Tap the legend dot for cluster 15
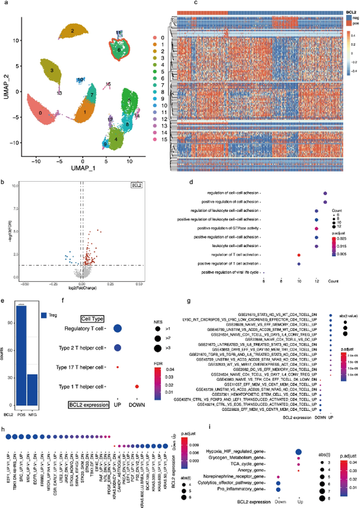click(x=156, y=139)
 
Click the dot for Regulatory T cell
click(x=118, y=328)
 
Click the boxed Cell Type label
click(x=94, y=311)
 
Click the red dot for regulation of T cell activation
click(x=298, y=255)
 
